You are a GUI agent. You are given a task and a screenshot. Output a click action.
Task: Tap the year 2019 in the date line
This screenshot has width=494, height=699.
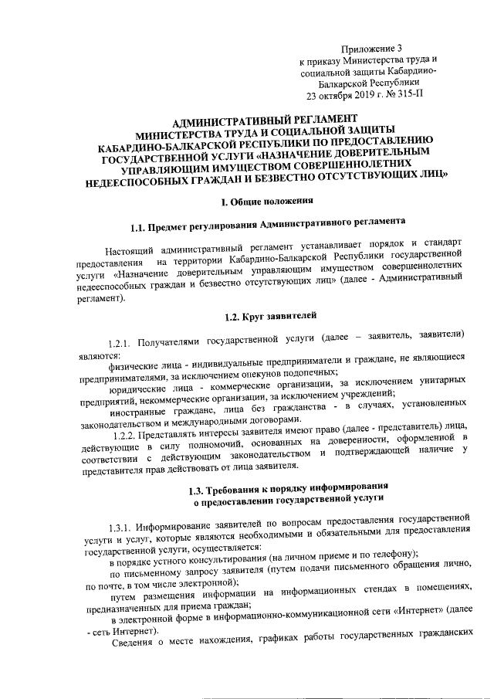pyautogui.click(x=355, y=97)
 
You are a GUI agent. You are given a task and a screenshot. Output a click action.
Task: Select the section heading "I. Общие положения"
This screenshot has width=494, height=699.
pyautogui.click(x=266, y=202)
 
